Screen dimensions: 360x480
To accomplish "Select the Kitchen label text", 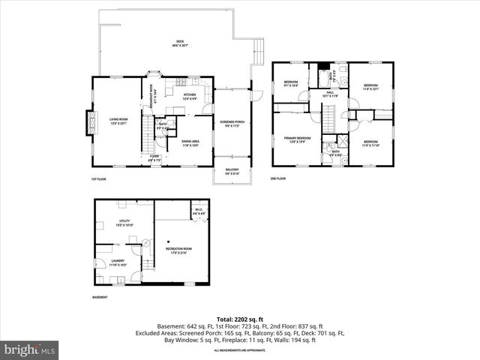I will (x=190, y=96).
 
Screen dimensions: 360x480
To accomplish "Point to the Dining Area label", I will (x=190, y=142).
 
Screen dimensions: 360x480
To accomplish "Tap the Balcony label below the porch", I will (x=232, y=171).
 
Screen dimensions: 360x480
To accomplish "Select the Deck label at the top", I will (x=180, y=43).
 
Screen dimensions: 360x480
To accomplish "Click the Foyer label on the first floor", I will (x=154, y=157).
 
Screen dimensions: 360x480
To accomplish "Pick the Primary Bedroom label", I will (x=298, y=139).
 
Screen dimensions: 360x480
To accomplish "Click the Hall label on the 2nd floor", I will (x=330, y=94).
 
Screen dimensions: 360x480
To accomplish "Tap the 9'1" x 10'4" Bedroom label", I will (x=291, y=84).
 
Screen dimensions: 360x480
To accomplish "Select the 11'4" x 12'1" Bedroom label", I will (x=371, y=88).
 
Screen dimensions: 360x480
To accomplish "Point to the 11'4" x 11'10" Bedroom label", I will (x=371, y=143).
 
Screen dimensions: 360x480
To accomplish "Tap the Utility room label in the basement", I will (x=124, y=223).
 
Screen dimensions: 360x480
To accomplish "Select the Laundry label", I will (x=118, y=262).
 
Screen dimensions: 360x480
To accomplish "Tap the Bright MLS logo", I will (x=30, y=349).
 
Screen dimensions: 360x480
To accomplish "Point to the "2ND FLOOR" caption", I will (x=278, y=178).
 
